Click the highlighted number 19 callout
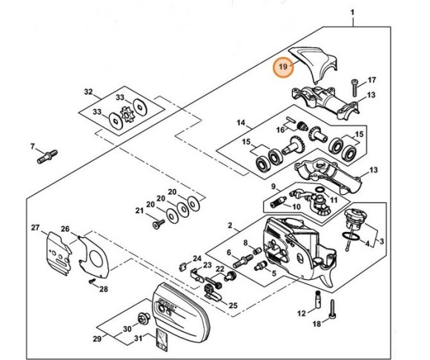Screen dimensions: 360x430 pos(283,67)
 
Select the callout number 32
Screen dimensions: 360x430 pos(89,92)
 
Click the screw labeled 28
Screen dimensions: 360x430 pos(90,281)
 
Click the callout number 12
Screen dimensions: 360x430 pos(302,313)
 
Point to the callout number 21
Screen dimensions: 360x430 pos(138,210)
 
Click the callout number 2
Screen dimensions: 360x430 pos(231,224)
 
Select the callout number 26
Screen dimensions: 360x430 pos(64,229)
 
